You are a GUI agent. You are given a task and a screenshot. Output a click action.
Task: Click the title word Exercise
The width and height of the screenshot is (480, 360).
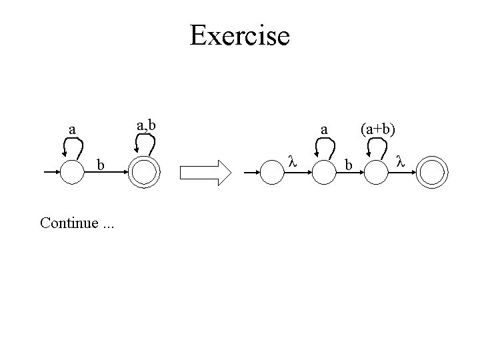click(239, 35)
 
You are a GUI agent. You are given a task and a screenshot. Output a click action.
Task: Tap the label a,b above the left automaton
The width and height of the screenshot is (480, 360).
click(146, 124)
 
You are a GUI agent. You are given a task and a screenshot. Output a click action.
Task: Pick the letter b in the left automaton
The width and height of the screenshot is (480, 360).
click(101, 163)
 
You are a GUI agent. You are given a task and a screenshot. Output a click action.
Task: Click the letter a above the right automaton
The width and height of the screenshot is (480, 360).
click(324, 128)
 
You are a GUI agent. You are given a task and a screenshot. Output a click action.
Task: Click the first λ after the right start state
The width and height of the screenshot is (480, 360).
click(291, 161)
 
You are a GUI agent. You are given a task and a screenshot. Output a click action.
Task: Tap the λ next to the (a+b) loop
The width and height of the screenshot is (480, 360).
click(400, 161)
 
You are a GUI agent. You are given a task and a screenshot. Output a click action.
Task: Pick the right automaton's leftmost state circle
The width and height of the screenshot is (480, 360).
click(271, 173)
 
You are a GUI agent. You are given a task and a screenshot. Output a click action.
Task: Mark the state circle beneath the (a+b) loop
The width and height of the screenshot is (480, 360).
click(377, 173)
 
